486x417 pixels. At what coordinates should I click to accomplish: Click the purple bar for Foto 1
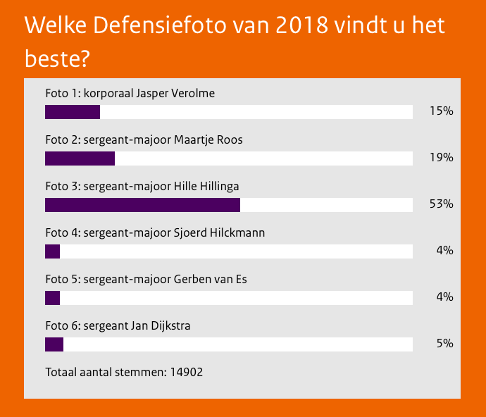[73, 112]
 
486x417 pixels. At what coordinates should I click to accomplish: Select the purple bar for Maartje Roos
[80, 158]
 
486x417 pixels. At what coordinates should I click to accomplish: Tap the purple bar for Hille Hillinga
[142, 205]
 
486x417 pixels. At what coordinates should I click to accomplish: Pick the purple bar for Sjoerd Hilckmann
[53, 251]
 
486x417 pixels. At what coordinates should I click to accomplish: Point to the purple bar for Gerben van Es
[53, 298]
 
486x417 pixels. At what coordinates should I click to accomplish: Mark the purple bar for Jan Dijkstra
[54, 344]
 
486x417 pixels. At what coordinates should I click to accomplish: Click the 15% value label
[441, 111]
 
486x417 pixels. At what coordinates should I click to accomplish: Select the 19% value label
[441, 158]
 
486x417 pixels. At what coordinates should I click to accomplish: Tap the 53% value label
[441, 204]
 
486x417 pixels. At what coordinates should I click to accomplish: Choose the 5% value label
[444, 344]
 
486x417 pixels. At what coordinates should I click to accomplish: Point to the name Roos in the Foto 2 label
[230, 140]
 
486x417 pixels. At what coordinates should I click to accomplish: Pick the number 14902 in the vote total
[187, 372]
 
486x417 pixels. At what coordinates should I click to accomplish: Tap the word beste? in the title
[57, 59]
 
